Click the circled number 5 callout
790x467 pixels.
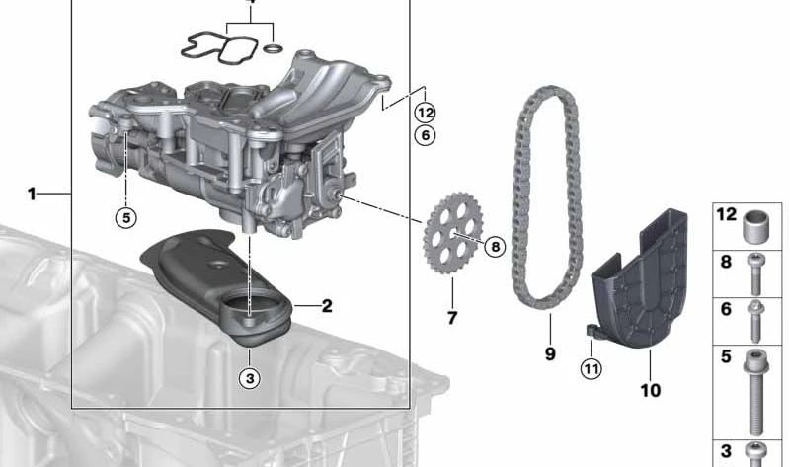(x=126, y=217)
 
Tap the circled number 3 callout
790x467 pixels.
(x=250, y=377)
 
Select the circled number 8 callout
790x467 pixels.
(x=495, y=247)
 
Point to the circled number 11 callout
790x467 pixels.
(x=591, y=369)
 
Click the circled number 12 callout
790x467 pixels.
(x=425, y=113)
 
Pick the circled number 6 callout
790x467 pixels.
(x=425, y=135)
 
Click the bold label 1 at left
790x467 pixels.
(x=32, y=194)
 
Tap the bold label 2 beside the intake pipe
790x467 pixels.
(x=327, y=306)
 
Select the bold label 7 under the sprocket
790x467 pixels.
(x=452, y=318)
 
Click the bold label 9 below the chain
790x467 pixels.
(x=550, y=353)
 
